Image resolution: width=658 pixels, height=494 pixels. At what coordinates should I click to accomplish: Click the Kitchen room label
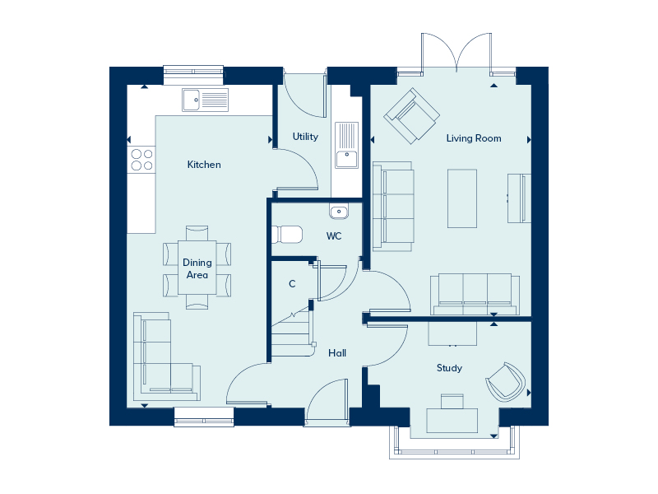pos(204,164)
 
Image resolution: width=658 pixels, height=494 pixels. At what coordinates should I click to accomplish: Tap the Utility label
pos(305,137)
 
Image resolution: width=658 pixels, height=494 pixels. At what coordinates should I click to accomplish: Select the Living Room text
pos(474,138)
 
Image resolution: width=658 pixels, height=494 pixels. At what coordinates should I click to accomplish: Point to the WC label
pos(334,236)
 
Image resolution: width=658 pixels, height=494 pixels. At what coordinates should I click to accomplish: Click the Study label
pos(449,368)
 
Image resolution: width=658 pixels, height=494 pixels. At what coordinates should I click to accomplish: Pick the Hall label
pos(337,353)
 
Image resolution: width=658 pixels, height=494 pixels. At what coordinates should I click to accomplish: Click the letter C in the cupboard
pos(292,284)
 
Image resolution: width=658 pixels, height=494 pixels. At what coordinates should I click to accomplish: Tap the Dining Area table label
pos(197,268)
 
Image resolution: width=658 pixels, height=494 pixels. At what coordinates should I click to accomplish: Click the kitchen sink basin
pos(192,100)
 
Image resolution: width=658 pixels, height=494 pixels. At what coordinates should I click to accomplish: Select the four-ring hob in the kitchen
pos(141,160)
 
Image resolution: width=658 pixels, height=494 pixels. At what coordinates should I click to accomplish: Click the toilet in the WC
pos(287,235)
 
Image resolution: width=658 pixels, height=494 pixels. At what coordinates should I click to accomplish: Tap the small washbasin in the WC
pos(339,212)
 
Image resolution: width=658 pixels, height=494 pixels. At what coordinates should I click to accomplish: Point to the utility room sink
pos(346,146)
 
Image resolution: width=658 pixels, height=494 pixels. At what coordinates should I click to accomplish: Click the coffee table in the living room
pos(462,198)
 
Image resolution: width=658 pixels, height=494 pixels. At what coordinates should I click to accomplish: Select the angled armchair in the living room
pos(412,115)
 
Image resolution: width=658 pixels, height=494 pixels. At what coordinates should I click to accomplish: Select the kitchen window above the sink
pos(193,75)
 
